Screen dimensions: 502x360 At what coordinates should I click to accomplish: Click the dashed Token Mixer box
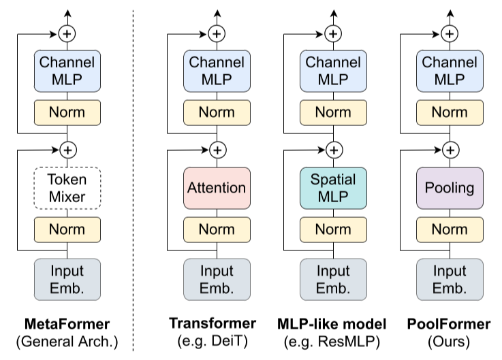pyautogui.click(x=67, y=188)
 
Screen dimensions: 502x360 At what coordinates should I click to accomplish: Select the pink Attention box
pyautogui.click(x=217, y=188)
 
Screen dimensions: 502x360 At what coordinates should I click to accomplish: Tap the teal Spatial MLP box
pyautogui.click(x=333, y=188)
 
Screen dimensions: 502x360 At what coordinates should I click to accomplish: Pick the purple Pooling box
pyautogui.click(x=450, y=188)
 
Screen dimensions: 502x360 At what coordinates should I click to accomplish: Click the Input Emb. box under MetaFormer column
pyautogui.click(x=67, y=280)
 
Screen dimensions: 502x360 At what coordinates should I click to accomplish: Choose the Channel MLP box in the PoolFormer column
pyautogui.click(x=450, y=71)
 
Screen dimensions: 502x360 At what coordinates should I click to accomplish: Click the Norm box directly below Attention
pyautogui.click(x=217, y=230)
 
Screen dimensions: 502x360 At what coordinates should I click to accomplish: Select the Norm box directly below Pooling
pyautogui.click(x=450, y=230)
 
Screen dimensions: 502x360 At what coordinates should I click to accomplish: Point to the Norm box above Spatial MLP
pyautogui.click(x=333, y=113)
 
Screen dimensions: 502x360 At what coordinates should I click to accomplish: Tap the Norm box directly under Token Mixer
pyautogui.click(x=67, y=230)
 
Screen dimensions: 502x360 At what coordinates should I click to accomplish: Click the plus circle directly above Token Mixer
pyautogui.click(x=68, y=150)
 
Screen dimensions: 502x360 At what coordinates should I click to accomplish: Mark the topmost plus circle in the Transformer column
pyautogui.click(x=217, y=33)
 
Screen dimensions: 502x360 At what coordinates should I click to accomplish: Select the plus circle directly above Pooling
pyautogui.click(x=450, y=150)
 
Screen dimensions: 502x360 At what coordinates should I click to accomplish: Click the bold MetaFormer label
pyautogui.click(x=67, y=324)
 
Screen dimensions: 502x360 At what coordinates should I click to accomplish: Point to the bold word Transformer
pyautogui.click(x=213, y=323)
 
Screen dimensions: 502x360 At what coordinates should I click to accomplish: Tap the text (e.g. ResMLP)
pyautogui.click(x=332, y=342)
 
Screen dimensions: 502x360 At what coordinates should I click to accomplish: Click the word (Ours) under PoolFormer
pyautogui.click(x=449, y=342)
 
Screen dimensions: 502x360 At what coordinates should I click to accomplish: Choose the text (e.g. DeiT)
pyautogui.click(x=213, y=341)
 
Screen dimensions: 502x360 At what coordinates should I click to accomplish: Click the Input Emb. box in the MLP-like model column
pyautogui.click(x=333, y=280)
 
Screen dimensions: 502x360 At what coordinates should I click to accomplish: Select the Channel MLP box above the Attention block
pyautogui.click(x=217, y=71)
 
